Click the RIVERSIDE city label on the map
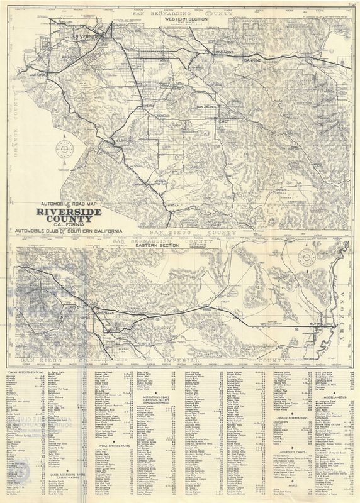88,38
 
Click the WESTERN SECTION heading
186,19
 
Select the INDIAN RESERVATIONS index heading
291,418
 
